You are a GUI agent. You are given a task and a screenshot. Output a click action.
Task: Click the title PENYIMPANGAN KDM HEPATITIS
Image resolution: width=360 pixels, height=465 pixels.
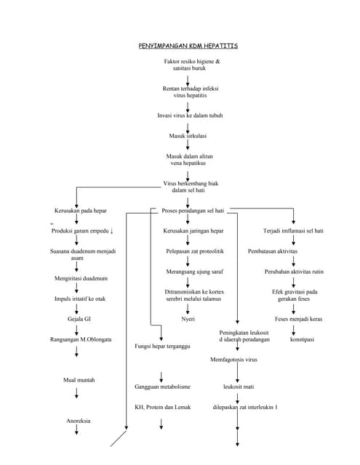click(188, 46)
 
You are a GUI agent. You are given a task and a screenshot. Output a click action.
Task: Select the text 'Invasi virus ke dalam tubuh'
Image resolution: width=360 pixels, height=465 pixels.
click(189, 116)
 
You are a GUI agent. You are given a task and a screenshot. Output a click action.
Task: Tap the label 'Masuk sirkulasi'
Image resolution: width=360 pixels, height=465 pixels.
click(188, 135)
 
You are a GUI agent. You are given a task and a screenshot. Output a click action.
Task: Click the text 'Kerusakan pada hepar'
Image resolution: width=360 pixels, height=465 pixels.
click(81, 210)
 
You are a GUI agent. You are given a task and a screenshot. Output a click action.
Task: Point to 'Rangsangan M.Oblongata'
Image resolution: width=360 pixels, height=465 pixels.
click(80, 339)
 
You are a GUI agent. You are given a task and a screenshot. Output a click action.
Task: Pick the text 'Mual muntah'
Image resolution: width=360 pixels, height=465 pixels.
click(78, 380)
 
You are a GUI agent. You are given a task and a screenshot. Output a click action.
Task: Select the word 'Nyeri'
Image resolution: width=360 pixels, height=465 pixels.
click(188, 318)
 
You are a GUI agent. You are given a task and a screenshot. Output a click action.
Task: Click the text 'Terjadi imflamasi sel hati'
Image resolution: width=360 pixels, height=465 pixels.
click(293, 231)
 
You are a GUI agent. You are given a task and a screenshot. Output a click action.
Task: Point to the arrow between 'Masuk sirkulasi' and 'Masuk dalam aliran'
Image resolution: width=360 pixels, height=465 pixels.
click(188, 145)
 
